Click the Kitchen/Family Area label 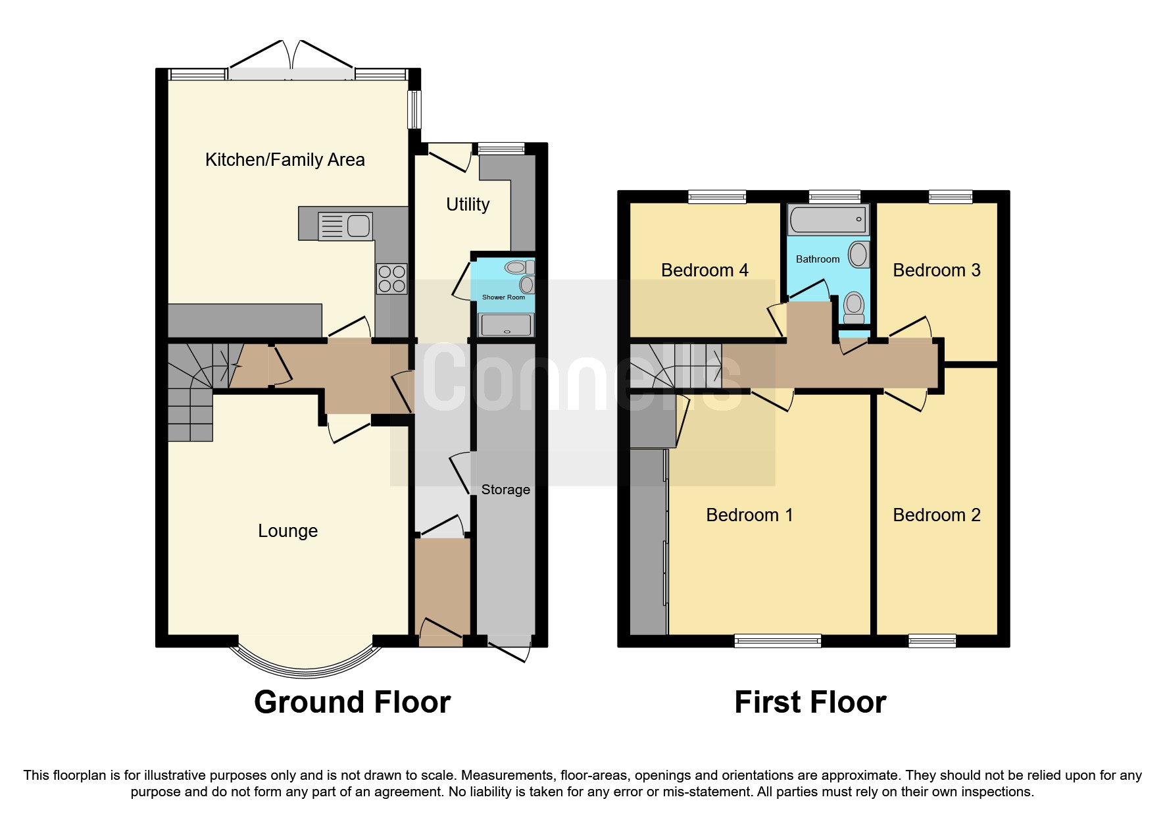click(285, 160)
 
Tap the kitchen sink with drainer click(345, 226)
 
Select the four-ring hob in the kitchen click(391, 278)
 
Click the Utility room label click(468, 205)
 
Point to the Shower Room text click(503, 297)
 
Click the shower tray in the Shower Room click(506, 324)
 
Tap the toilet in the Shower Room click(519, 267)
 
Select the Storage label click(505, 490)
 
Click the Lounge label click(287, 531)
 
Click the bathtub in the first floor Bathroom click(828, 219)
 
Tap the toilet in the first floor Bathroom click(854, 307)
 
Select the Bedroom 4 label click(705, 270)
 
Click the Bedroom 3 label click(936, 270)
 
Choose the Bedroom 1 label click(749, 515)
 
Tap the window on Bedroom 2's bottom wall click(931, 640)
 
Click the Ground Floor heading click(352, 702)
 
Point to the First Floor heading click(810, 702)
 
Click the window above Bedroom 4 click(717, 196)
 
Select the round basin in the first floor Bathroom click(858, 255)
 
